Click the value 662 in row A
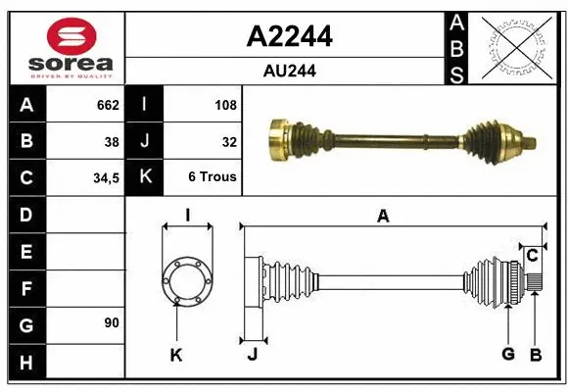tap(107, 104)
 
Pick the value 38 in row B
tap(112, 141)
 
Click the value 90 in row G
tap(111, 321)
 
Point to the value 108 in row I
tap(224, 104)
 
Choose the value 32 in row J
tap(229, 141)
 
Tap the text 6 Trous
tap(213, 177)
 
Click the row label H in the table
tap(25, 363)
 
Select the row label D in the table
tap(25, 215)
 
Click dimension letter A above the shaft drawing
tap(383, 217)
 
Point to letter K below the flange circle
tap(176, 354)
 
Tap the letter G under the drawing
tap(507, 354)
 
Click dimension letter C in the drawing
tap(532, 256)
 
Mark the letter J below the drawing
tap(252, 354)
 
